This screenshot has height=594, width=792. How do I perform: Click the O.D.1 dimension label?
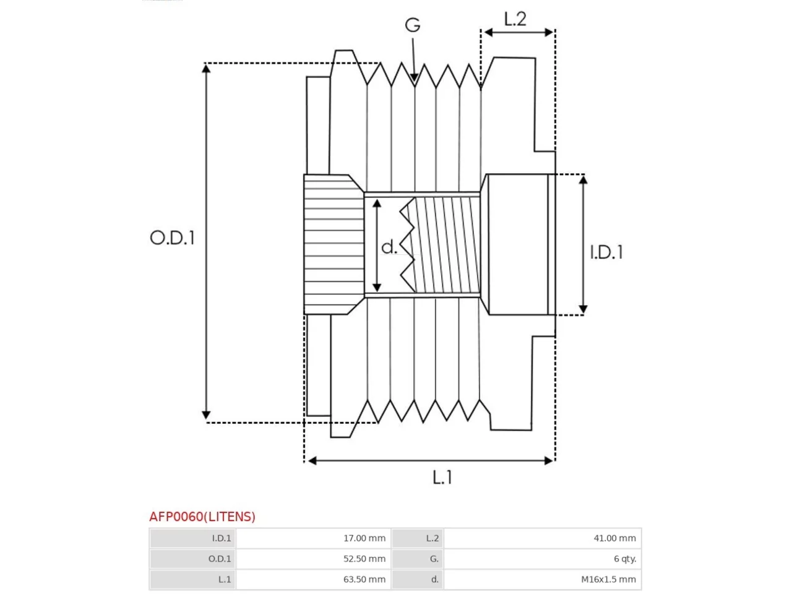[173, 238]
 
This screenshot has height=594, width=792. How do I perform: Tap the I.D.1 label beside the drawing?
[606, 252]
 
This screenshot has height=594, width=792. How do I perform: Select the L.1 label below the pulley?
[442, 477]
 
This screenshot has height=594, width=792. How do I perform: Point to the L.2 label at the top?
[515, 19]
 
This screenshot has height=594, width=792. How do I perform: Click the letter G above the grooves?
[413, 25]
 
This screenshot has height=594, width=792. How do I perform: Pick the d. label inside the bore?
[389, 247]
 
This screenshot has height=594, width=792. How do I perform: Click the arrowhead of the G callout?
[414, 77]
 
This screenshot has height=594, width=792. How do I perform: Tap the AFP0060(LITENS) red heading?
[202, 517]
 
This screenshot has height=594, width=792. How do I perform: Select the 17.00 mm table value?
[364, 538]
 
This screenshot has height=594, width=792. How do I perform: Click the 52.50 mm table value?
[364, 559]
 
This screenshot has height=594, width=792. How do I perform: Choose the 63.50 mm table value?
[364, 579]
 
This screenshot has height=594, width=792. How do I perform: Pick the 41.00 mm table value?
[615, 538]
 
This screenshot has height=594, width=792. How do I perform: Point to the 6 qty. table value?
[625, 559]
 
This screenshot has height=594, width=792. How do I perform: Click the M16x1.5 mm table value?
[608, 579]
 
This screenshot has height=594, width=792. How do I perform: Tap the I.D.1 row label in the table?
[221, 538]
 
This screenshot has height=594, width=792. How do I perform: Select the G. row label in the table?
[434, 559]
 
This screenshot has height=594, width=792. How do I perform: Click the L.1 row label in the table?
[225, 579]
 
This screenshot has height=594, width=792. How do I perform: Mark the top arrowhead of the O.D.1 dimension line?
[206, 68]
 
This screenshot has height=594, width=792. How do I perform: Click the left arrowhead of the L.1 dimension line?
[312, 460]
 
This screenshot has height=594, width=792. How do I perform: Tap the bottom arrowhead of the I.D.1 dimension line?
[583, 309]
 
